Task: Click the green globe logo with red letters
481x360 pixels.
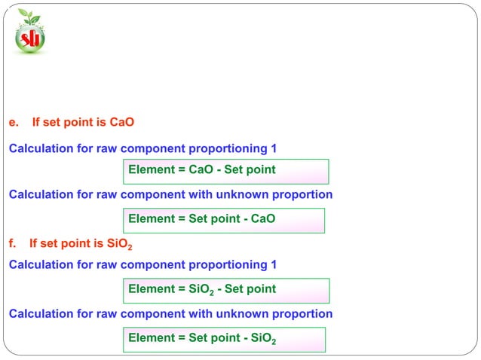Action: pyautogui.click(x=29, y=38)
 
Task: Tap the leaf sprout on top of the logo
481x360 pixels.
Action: pyautogui.click(x=29, y=17)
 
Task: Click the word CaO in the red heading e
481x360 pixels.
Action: pyautogui.click(x=122, y=122)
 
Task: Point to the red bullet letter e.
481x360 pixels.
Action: pyautogui.click(x=14, y=122)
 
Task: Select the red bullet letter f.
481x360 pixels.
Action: pyautogui.click(x=12, y=243)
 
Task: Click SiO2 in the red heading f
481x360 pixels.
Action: pyautogui.click(x=119, y=244)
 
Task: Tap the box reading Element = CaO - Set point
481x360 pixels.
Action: pyautogui.click(x=225, y=172)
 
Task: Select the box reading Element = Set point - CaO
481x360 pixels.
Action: pyautogui.click(x=224, y=221)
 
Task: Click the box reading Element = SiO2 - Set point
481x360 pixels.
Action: pyautogui.click(x=226, y=291)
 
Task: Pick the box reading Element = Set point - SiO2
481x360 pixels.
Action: pyautogui.click(x=224, y=340)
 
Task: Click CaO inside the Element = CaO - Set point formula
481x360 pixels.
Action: pyautogui.click(x=201, y=169)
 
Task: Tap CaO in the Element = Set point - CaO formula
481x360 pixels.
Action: pyautogui.click(x=263, y=218)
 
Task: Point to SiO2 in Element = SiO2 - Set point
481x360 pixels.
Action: pyautogui.click(x=201, y=289)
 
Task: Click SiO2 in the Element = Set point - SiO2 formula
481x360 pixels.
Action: pyautogui.click(x=263, y=338)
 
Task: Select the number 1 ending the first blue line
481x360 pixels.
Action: pyautogui.click(x=274, y=148)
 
